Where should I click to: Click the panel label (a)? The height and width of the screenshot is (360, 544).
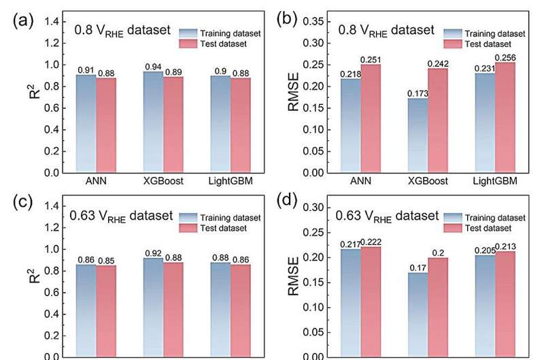(21, 20)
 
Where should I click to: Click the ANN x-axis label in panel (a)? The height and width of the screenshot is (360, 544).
(95, 182)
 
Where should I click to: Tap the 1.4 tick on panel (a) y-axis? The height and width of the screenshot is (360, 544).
(51, 22)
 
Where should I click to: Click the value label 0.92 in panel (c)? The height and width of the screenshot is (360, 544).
(153, 253)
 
